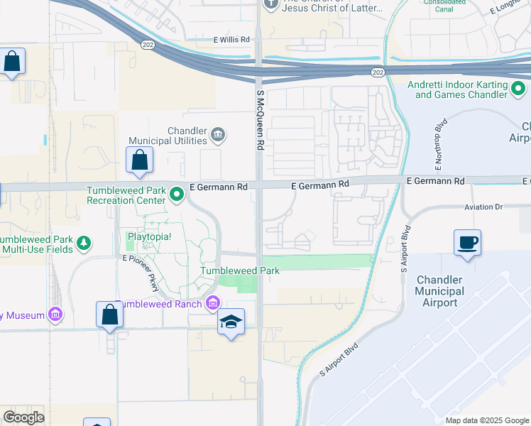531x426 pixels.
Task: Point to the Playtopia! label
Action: point(149,236)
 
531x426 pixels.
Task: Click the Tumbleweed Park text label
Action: point(240,271)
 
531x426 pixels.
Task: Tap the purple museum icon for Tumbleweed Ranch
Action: point(212,304)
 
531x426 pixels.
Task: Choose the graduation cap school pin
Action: point(231,323)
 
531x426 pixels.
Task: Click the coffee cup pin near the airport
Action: point(468,243)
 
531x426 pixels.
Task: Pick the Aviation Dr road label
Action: point(483,207)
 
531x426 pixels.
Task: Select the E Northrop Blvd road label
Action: point(439,151)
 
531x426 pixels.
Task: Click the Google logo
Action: point(23,417)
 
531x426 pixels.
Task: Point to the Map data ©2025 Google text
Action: point(486,420)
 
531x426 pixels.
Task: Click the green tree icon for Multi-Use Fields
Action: point(84,244)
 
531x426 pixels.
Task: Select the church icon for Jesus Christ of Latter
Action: point(270,4)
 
